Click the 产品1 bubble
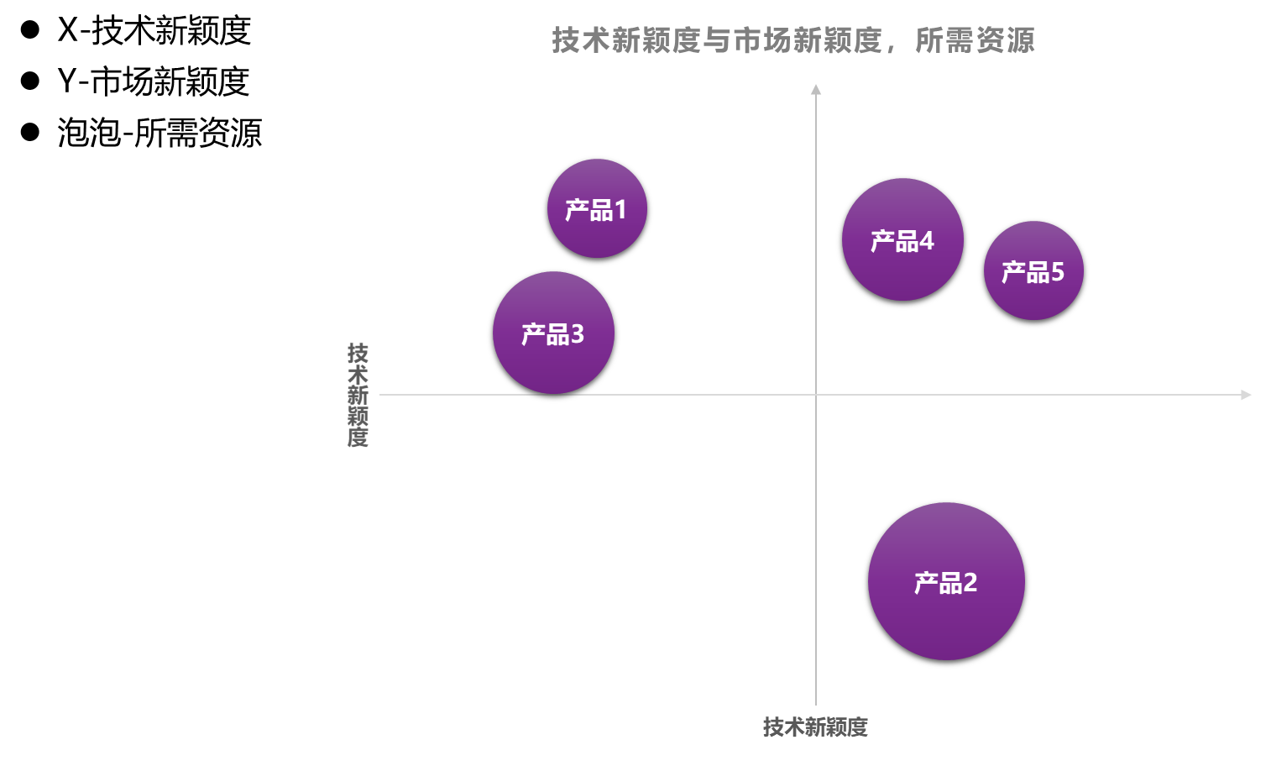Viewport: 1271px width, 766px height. pyautogui.click(x=597, y=208)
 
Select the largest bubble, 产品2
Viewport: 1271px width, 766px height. pyautogui.click(x=946, y=581)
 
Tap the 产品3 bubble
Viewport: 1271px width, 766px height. pyautogui.click(x=553, y=333)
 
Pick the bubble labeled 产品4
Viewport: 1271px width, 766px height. pyautogui.click(x=902, y=239)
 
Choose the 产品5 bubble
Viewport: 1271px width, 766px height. pyautogui.click(x=1033, y=270)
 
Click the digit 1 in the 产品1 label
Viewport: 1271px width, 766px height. pyautogui.click(x=620, y=210)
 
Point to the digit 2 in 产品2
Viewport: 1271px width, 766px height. pyautogui.click(x=970, y=582)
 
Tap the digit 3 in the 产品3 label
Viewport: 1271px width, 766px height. pyautogui.click(x=577, y=334)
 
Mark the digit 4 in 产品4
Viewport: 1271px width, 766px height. pyautogui.click(x=926, y=241)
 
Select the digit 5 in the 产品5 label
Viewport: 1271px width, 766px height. pyautogui.click(x=1057, y=272)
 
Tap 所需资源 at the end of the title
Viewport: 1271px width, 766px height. pyautogui.click(x=975, y=40)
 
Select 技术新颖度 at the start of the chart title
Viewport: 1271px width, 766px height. pyautogui.click(x=625, y=40)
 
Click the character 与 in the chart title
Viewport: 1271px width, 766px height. pyautogui.click(x=717, y=40)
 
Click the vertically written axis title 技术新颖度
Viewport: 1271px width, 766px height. pyautogui.click(x=358, y=394)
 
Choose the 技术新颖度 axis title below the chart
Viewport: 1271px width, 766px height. pyautogui.click(x=815, y=727)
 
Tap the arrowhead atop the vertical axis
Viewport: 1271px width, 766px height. pyautogui.click(x=815, y=89)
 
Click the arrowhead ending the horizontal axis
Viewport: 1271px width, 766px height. pyautogui.click(x=1246, y=395)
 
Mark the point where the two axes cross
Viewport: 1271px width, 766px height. pyautogui.click(x=815, y=395)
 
